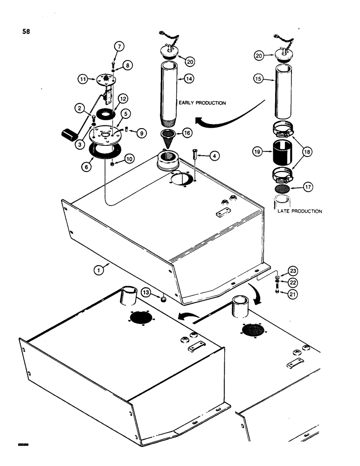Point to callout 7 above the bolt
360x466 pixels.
(119, 47)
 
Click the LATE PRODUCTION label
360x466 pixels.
(299, 211)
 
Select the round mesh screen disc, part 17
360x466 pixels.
(286, 188)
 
